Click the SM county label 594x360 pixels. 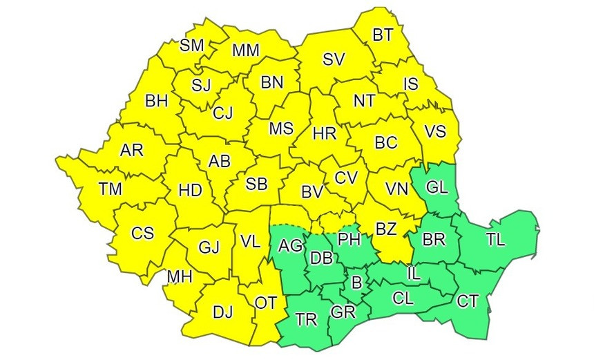tap(191, 46)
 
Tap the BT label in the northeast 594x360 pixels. tap(381, 34)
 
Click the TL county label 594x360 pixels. tap(495, 239)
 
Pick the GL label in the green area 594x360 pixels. tap(436, 187)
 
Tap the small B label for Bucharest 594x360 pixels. tap(356, 282)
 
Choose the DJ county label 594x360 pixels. tap(222, 312)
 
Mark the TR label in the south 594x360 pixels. tap(305, 319)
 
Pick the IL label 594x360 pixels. tap(413, 273)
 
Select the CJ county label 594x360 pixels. tap(222, 112)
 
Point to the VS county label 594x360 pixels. tap(434, 131)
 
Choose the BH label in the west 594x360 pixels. tap(157, 101)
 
